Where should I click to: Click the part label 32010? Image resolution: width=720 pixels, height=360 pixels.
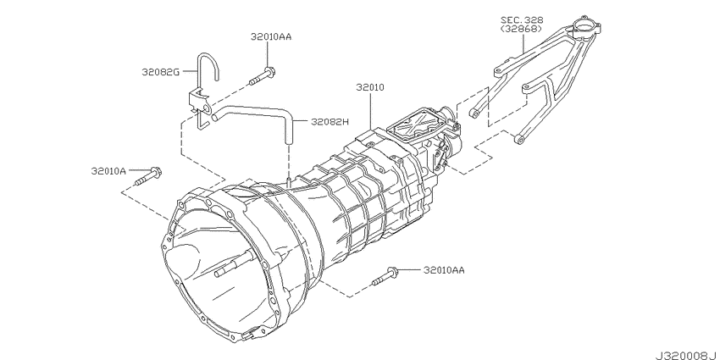369,87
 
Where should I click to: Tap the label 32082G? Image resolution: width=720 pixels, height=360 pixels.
161,72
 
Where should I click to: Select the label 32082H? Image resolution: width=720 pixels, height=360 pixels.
330,122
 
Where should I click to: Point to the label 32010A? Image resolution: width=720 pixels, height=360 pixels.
108,171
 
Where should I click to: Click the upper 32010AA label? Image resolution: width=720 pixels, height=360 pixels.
271,36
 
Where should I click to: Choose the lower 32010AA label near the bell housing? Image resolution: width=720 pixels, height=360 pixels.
444,270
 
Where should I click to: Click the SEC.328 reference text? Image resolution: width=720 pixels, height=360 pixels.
522,19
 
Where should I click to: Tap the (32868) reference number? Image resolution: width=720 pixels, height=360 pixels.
522,29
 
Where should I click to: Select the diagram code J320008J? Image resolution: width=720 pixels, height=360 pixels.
686,356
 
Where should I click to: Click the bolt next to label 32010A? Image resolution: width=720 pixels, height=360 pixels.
148,177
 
